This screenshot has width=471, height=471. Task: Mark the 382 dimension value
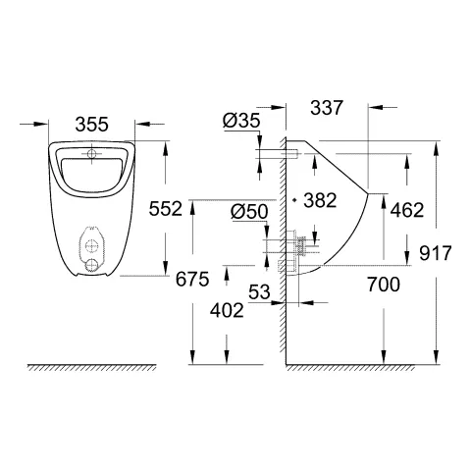[x=320, y=200]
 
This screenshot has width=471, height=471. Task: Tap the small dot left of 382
[x=296, y=200]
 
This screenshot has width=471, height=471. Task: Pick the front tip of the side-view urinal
[x=370, y=194]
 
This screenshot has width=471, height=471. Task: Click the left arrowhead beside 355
[x=44, y=124]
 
